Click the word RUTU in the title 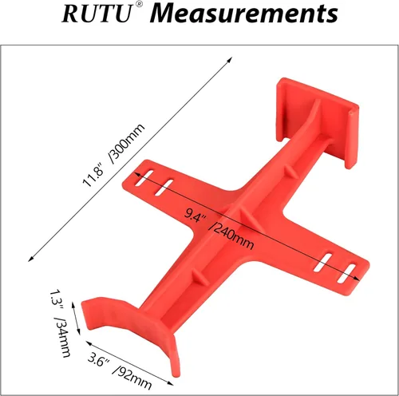[x=93, y=14]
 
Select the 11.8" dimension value [x=95, y=172]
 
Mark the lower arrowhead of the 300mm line [x=31, y=259]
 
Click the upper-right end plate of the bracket [x=315, y=120]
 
